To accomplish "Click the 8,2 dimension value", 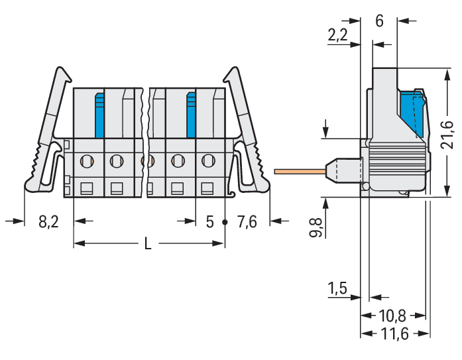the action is tap(48, 222).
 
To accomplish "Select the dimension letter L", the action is tap(148, 243).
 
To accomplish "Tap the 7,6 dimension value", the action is tap(247, 222).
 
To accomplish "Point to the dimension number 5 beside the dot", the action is tap(209, 222).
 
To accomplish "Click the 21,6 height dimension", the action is tap(447, 135).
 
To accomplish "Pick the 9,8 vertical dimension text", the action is tap(316, 228).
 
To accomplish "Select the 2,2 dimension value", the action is tap(337, 34).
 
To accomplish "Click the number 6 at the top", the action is tap(380, 21).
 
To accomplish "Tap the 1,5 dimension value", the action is tap(337, 288).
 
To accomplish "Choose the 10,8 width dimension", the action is tap(392, 316).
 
